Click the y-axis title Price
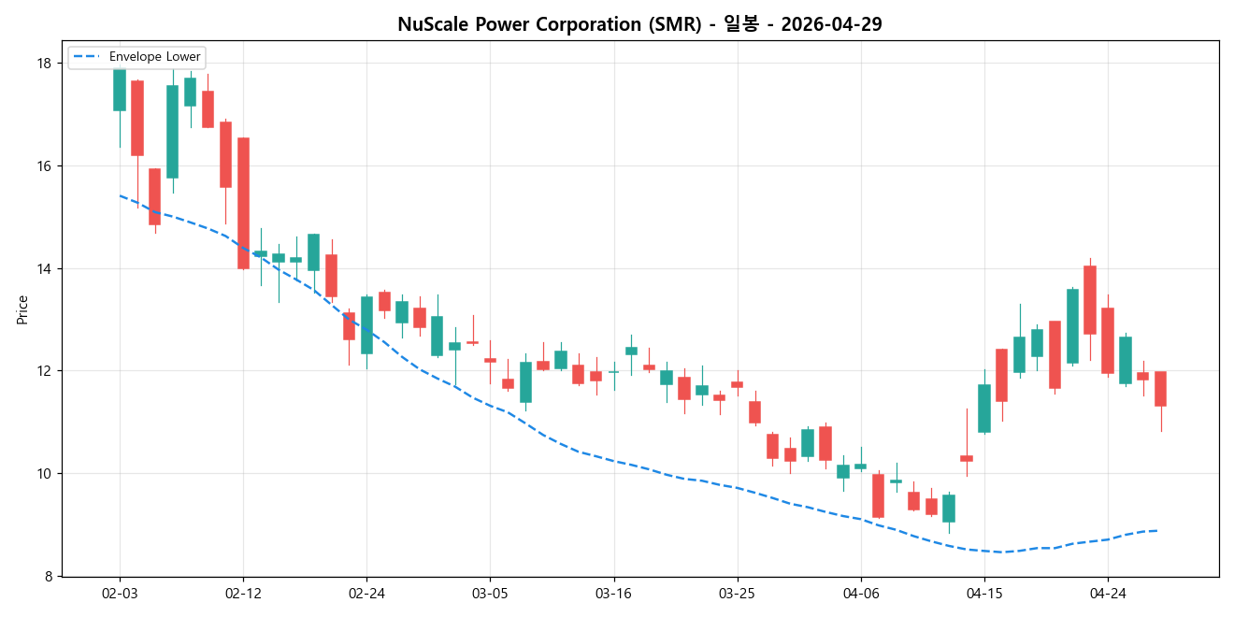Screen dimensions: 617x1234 [x=22, y=309]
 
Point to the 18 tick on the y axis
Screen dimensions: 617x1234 [x=43, y=64]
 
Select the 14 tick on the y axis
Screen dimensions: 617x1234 [x=43, y=268]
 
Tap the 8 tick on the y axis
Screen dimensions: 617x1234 [x=47, y=576]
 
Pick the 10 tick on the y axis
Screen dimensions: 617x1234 [x=43, y=473]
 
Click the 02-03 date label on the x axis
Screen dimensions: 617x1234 [x=120, y=594]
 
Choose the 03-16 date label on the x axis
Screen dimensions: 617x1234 [x=613, y=594]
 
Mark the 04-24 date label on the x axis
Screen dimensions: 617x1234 [x=1108, y=594]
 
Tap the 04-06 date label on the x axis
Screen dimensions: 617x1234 [x=860, y=594]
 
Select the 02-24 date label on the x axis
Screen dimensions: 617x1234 [x=366, y=594]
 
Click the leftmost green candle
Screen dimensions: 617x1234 [x=120, y=90]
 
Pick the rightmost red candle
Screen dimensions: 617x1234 [x=1160, y=388]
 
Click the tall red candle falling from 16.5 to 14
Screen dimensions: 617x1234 [x=243, y=203]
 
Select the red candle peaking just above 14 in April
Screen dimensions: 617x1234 [x=1090, y=299]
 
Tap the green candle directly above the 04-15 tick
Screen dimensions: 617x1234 [x=984, y=408]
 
